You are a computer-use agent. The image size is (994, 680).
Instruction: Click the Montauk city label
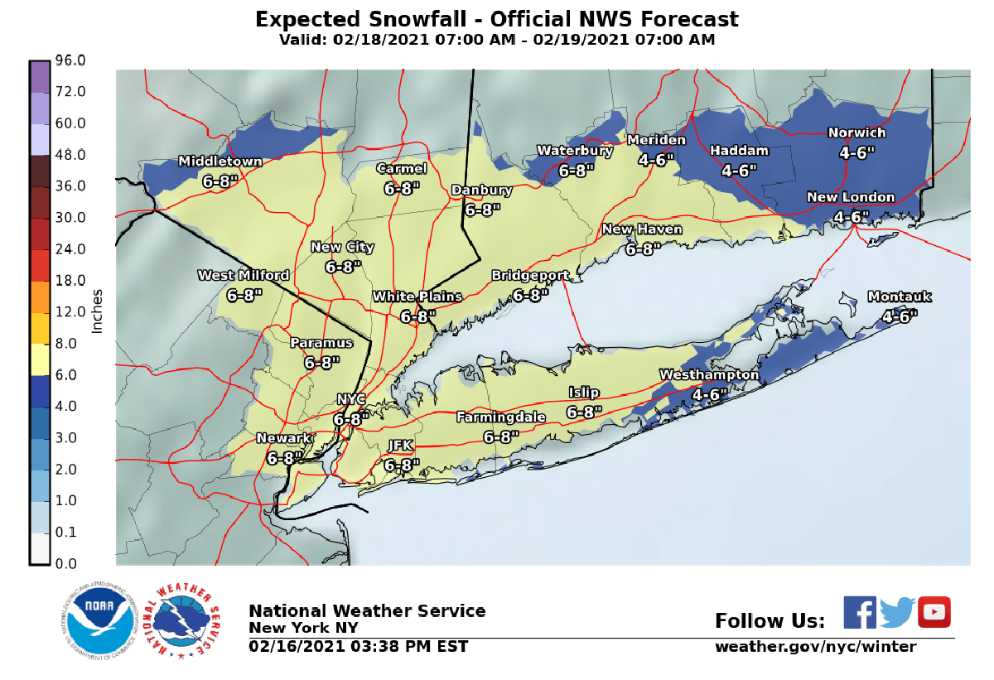click(x=900, y=297)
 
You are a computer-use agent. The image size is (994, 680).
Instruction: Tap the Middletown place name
click(x=220, y=162)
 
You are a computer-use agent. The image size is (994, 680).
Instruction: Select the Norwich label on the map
click(x=857, y=133)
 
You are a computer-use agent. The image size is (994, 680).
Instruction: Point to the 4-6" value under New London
click(x=852, y=216)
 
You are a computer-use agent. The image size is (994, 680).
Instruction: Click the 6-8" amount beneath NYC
click(x=351, y=419)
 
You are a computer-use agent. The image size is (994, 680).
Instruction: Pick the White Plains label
click(x=417, y=297)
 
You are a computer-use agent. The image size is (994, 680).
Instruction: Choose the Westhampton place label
click(x=709, y=375)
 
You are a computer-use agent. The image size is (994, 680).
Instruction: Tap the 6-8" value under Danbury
click(x=482, y=210)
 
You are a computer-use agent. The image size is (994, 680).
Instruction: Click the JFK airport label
click(x=401, y=446)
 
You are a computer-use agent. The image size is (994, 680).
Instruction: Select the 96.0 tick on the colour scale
click(x=71, y=60)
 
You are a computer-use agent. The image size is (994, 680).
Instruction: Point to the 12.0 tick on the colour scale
click(x=71, y=311)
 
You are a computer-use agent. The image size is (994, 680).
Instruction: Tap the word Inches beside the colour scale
click(x=97, y=311)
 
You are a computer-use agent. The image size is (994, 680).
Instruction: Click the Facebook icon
click(x=860, y=612)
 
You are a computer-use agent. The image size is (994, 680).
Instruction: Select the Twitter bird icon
click(x=897, y=613)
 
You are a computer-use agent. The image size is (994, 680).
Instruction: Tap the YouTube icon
click(x=934, y=612)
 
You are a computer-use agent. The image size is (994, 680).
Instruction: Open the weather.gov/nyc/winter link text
click(x=816, y=647)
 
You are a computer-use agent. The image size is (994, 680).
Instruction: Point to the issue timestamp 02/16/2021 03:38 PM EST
click(x=359, y=647)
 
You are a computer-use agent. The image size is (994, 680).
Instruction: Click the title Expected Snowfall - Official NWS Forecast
click(x=496, y=19)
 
